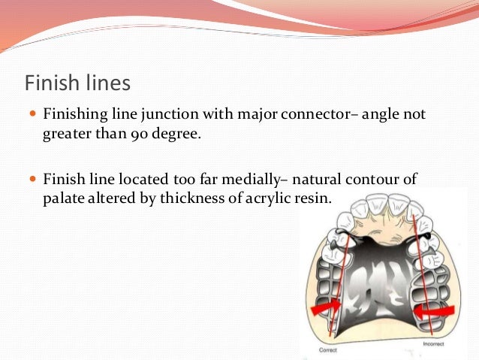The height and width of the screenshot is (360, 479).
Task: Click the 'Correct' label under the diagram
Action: [x=328, y=349]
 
